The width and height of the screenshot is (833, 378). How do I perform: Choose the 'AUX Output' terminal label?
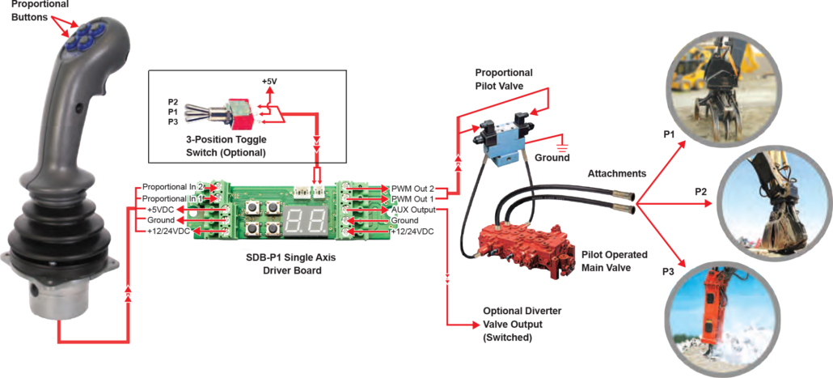tap(413, 209)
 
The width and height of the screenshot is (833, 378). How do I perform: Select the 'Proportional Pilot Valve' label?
tap(504, 79)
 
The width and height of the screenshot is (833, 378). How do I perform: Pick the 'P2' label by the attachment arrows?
tap(701, 192)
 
